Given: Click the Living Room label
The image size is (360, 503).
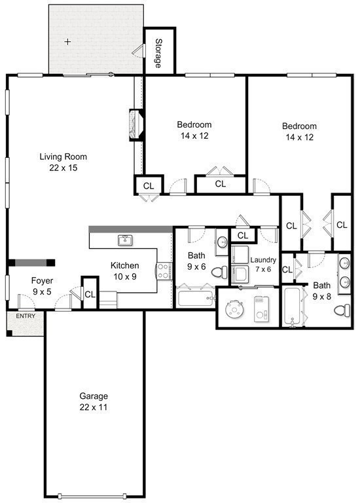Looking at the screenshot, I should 63,162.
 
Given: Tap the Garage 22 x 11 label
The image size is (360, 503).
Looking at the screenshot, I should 94,401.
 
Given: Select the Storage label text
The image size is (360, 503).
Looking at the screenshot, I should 158,53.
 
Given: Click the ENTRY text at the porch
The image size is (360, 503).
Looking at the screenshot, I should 26,316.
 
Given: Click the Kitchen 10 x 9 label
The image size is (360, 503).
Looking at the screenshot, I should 124,270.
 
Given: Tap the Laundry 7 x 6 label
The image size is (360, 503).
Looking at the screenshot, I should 264,265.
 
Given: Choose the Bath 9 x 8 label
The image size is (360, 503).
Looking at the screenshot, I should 321,290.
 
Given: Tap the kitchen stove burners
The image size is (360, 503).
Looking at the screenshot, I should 164,272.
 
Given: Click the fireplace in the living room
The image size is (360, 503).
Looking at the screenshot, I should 136,125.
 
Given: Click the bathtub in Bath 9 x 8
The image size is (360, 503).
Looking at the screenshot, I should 292,307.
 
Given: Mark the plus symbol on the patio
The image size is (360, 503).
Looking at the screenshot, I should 67,41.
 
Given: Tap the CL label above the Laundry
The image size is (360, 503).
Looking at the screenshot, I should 243,235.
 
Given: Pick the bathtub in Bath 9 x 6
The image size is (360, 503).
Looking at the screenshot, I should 194,299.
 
